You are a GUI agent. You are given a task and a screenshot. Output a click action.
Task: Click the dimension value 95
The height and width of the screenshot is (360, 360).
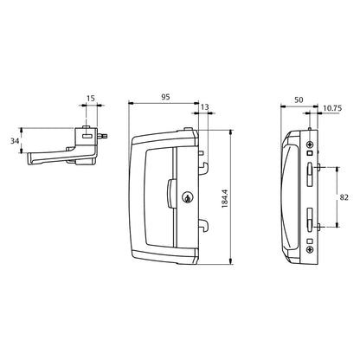164,97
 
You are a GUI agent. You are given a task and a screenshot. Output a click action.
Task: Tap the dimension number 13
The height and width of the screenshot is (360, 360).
204,109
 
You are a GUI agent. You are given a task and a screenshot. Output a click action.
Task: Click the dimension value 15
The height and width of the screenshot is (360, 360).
91,100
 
